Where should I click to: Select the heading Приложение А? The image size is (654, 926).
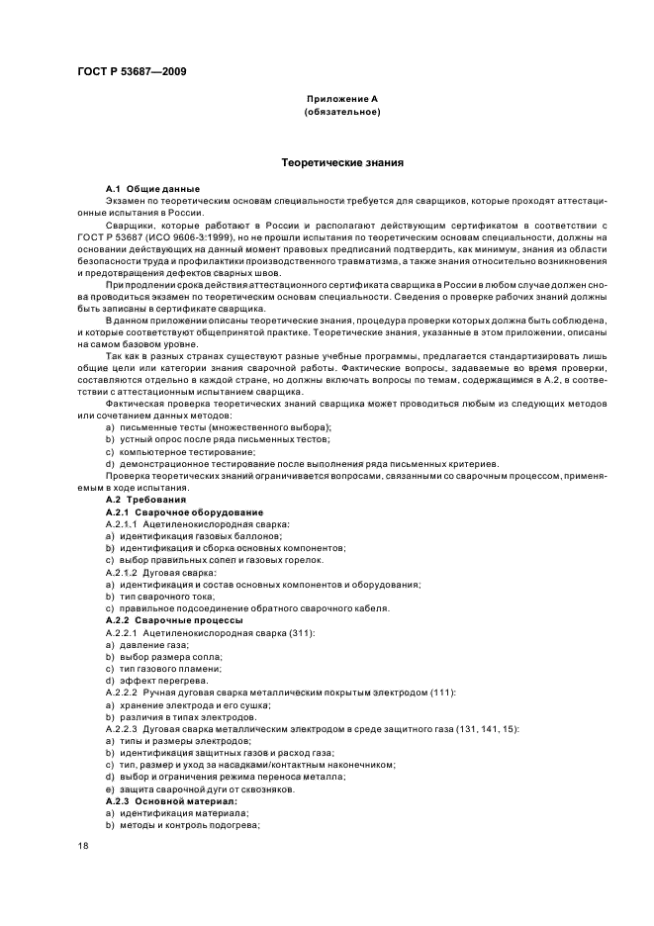click(x=341, y=100)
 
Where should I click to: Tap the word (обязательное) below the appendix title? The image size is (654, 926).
click(x=341, y=112)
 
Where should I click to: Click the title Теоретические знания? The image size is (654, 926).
click(x=341, y=161)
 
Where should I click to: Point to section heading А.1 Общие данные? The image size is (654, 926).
click(x=152, y=188)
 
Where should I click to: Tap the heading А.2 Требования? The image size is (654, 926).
click(x=144, y=500)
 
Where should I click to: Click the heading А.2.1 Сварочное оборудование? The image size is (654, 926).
click(x=184, y=511)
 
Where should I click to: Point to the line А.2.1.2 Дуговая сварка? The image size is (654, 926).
click(x=160, y=572)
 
